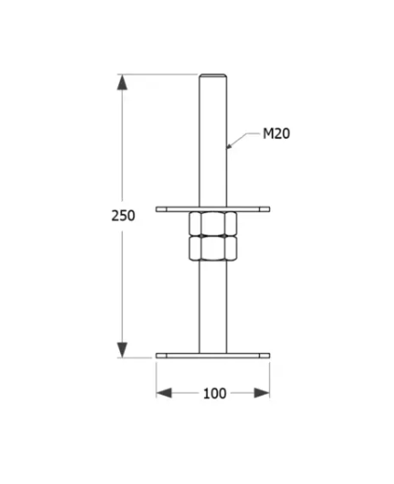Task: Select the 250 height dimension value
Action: coord(123,215)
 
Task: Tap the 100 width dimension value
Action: coord(214,393)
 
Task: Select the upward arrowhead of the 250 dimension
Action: coord(123,82)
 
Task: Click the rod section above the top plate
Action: coord(212,140)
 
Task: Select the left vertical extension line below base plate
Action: coord(156,377)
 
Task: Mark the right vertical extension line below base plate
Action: coord(270,377)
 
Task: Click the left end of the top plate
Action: coord(159,208)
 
